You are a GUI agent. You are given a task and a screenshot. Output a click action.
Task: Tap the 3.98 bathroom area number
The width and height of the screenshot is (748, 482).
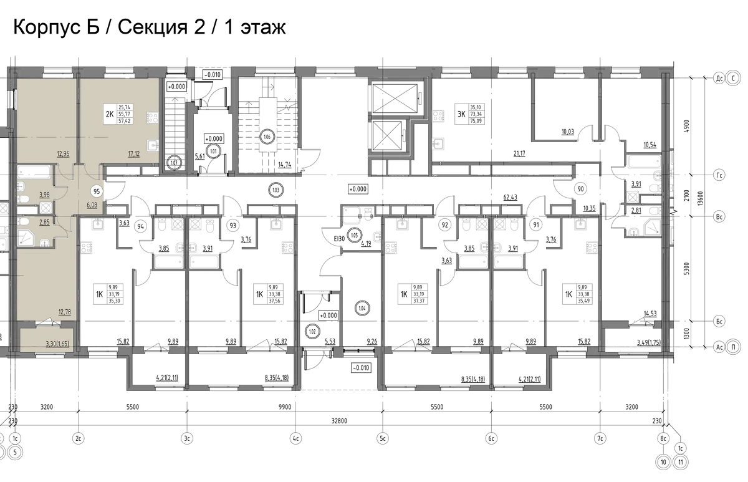pos(45,194)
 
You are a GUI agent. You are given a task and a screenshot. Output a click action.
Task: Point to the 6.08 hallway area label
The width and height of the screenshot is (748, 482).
pos(91,204)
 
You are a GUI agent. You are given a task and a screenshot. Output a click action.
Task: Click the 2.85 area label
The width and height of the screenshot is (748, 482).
pos(45,221)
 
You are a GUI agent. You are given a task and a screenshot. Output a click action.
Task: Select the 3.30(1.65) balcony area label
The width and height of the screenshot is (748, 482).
pos(57,343)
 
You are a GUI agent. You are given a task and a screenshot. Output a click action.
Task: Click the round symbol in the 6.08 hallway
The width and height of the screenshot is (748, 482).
pos(97,192)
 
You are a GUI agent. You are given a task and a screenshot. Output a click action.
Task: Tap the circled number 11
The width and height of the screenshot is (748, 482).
pos(682,462)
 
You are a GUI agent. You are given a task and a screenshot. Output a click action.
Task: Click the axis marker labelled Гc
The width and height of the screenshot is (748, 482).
pos(719,176)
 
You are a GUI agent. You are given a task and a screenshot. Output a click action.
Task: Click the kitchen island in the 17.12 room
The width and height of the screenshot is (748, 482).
pos(118,114)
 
